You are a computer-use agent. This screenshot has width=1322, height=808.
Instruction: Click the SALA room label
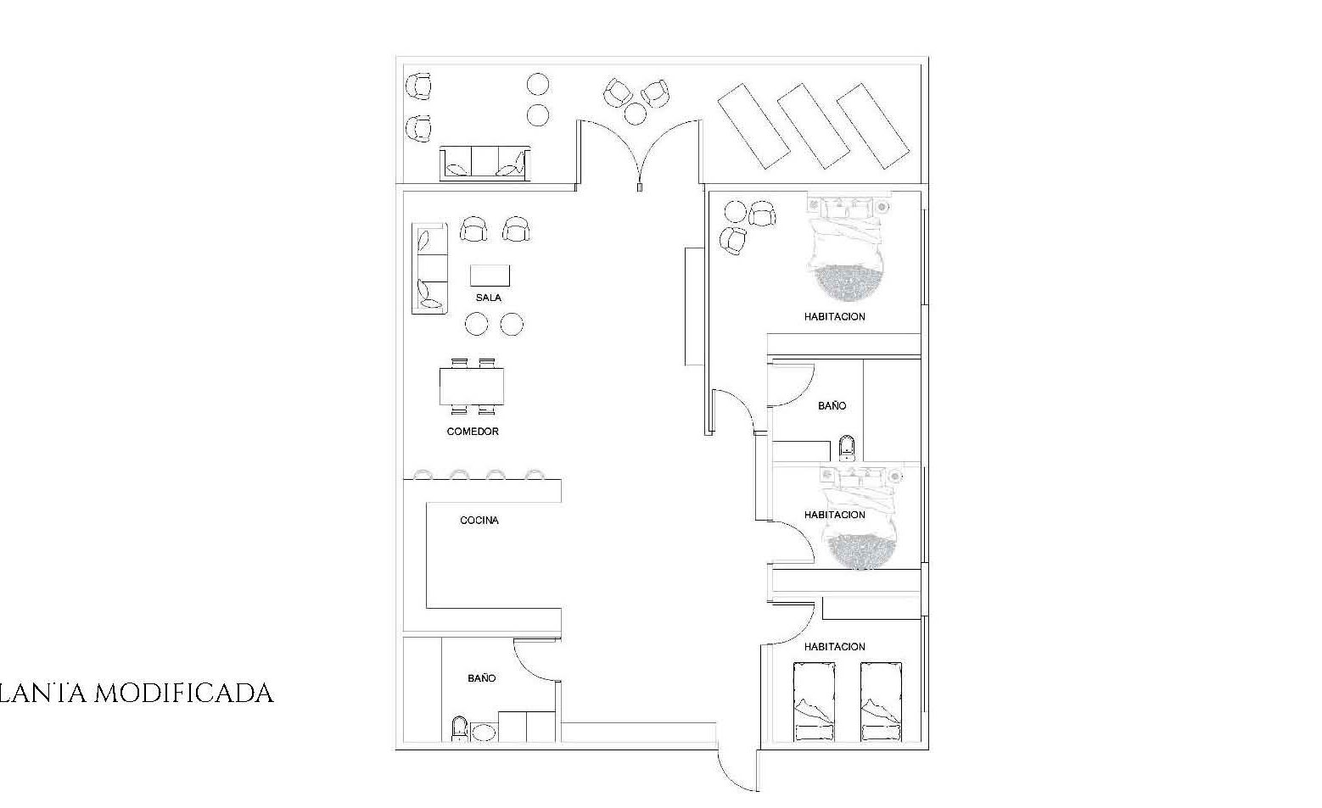tap(489, 298)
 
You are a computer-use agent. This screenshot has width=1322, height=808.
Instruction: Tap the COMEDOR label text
tap(473, 432)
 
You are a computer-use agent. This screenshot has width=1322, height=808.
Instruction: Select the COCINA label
tap(479, 521)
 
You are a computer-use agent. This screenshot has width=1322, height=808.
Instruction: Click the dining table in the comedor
tap(472, 387)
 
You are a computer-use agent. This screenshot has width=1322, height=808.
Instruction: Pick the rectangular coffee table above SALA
tap(490, 276)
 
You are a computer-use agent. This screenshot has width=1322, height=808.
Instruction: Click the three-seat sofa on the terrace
tap(485, 164)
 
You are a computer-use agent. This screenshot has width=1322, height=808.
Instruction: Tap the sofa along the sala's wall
tap(429, 269)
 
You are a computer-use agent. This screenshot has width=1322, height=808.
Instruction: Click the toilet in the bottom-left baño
tap(459, 729)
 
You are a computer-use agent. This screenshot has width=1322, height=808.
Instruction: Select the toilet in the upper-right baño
tap(847, 449)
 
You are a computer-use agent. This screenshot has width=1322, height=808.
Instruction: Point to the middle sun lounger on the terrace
tap(813, 126)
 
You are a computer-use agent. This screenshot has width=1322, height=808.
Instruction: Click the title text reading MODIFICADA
tap(184, 694)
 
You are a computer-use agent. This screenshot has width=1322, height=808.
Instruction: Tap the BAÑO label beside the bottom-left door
tap(482, 678)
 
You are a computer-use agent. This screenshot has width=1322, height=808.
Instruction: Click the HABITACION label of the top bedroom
tap(834, 317)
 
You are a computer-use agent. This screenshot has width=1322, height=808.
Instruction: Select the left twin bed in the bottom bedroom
tap(815, 702)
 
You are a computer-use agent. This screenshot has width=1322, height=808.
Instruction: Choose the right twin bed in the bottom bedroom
tap(881, 702)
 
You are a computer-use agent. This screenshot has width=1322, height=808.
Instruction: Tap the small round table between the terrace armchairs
tap(635, 114)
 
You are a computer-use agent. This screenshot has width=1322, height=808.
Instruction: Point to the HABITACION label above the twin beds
tap(834, 647)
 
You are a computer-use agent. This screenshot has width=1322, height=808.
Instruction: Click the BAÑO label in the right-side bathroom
tap(832, 406)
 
